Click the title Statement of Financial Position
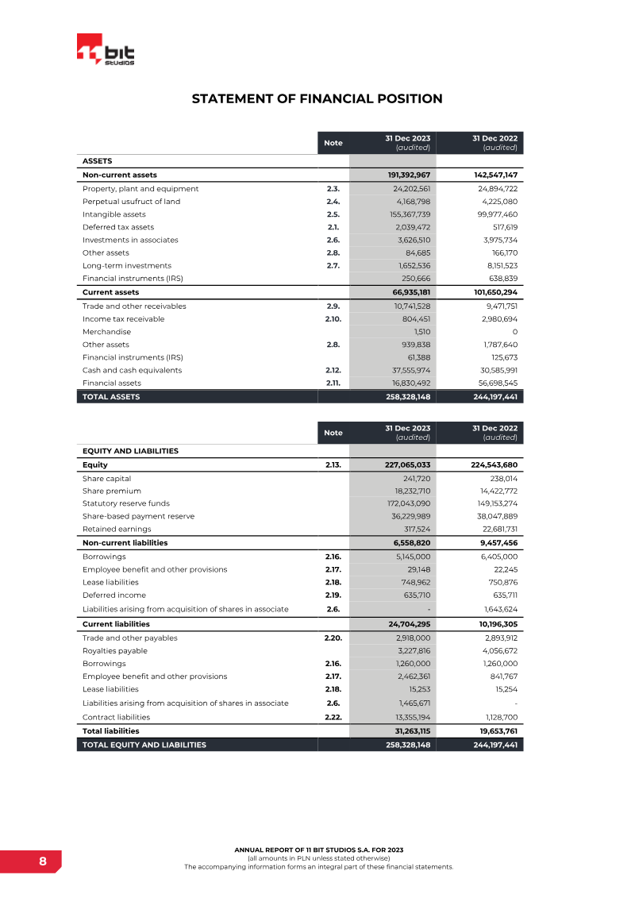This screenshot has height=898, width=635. pyautogui.click(x=317, y=98)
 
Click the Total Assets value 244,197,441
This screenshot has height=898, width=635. pyautogui.click(x=490, y=397)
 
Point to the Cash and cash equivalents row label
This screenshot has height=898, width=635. pyautogui.click(x=132, y=370)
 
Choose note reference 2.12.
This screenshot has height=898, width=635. pyautogui.click(x=333, y=370)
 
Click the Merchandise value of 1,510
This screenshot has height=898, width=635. pyautogui.click(x=421, y=332)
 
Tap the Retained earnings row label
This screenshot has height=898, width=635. pyautogui.click(x=117, y=529)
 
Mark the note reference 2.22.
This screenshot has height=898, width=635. pyautogui.click(x=333, y=717)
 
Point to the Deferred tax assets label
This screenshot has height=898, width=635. pyautogui.click(x=118, y=227)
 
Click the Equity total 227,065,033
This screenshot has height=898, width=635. pyautogui.click(x=402, y=465)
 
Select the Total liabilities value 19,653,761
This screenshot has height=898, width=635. pyautogui.click(x=490, y=730)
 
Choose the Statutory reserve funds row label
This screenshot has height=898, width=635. pyautogui.click(x=125, y=503)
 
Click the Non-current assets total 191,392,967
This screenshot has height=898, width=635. pyautogui.click(x=402, y=175)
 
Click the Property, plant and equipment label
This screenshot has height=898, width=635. pyautogui.click(x=140, y=189)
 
